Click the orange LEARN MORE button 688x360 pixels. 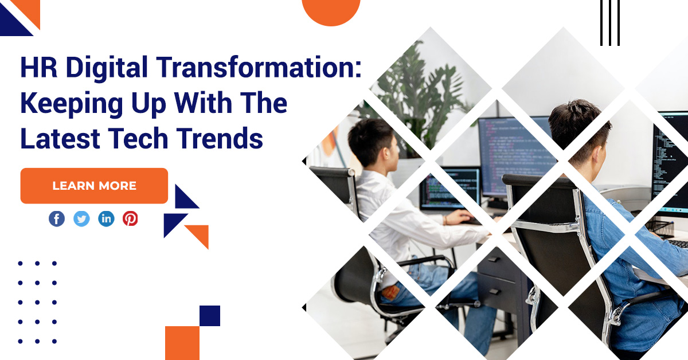pos(94,186)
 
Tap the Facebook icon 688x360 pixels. pos(57,219)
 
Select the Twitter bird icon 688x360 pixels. pos(81,219)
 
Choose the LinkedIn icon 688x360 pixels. pos(106,219)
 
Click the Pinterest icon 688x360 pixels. pos(130,219)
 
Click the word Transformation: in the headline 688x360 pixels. pos(259,67)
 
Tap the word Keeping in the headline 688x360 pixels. pos(72,104)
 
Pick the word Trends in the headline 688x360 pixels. pos(220,138)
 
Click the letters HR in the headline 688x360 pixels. pos(39,67)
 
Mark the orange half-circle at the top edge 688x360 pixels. pos(331,11)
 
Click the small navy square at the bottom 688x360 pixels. pos(210,316)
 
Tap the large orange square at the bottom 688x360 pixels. pos(182,343)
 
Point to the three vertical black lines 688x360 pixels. pos(610,23)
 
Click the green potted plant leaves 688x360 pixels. pos(421,92)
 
